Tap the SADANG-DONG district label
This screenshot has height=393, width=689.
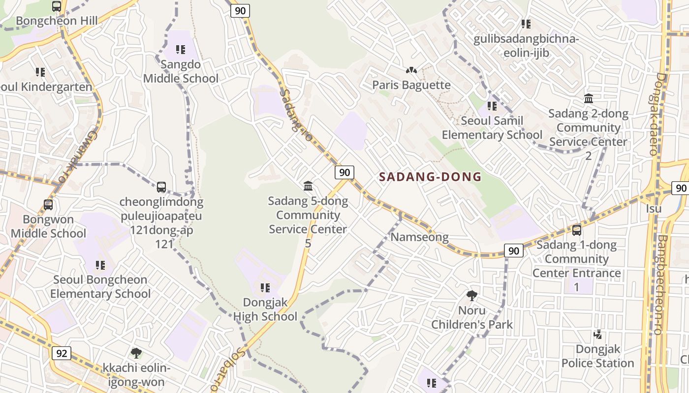point(430,177)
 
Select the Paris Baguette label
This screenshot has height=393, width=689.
point(411,85)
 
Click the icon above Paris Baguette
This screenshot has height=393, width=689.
point(411,71)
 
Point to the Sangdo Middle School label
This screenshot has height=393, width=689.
point(181,72)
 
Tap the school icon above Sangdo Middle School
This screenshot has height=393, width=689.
point(181,50)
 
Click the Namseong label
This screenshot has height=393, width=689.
point(419,237)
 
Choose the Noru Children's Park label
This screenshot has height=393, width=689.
point(472,317)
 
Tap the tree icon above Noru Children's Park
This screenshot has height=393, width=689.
point(472,295)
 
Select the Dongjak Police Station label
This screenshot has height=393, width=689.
point(597,356)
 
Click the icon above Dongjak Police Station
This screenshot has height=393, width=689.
point(598,335)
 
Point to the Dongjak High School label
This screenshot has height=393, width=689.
point(265,309)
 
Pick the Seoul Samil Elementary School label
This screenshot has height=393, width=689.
point(492,128)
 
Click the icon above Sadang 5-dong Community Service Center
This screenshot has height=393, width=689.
point(308,186)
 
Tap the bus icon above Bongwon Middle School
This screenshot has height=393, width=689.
point(48,205)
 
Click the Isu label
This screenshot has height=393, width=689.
point(654,209)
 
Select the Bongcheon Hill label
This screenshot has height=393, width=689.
point(57,21)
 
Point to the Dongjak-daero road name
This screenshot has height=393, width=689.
point(658,114)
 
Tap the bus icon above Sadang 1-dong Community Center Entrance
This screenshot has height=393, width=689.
point(577,230)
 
